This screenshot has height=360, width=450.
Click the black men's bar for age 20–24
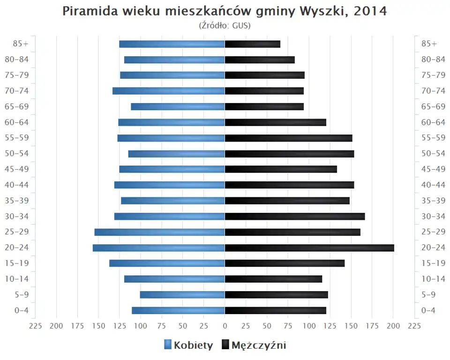tap(309, 247)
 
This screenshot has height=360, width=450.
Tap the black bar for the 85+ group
tap(252, 44)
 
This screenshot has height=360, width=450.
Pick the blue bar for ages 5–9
tap(182, 294)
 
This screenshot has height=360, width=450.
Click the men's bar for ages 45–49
tap(281, 169)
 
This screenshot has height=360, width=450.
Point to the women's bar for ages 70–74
tap(169, 91)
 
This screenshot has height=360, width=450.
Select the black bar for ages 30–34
tap(295, 216)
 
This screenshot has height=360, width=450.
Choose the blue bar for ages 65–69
tap(178, 106)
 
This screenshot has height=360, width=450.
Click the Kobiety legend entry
tap(188, 345)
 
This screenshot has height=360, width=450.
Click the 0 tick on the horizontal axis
tap(225, 326)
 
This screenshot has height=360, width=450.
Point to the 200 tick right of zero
tap(393, 326)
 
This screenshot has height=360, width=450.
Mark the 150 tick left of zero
tap(98, 326)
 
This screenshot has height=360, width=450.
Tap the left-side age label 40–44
tap(17, 185)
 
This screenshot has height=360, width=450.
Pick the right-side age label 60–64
tap(433, 122)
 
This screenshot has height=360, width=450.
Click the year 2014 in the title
tap(370, 11)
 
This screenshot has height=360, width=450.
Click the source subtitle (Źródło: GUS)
tap(225, 25)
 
